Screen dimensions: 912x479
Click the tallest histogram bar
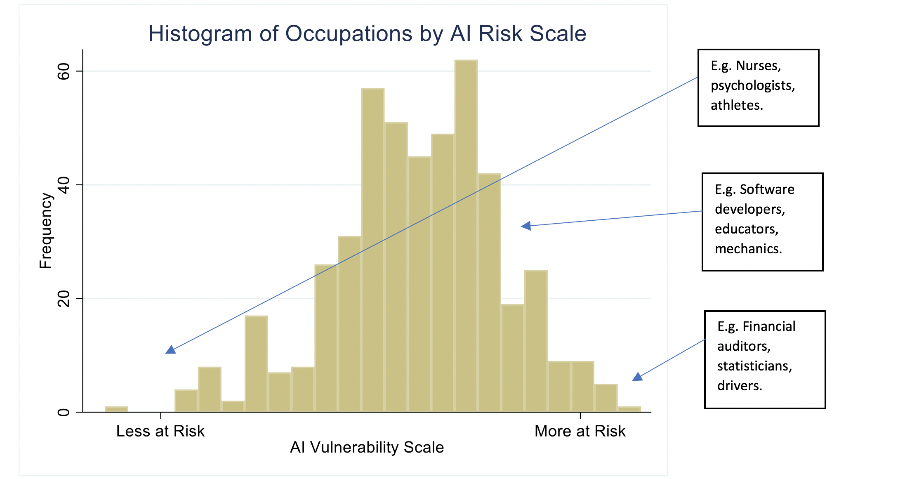[x=466, y=236]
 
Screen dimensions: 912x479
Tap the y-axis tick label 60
[x=64, y=71]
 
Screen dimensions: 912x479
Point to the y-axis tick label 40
[x=64, y=185]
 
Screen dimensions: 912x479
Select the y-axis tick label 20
[x=64, y=298]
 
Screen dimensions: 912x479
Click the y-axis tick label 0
[x=64, y=412]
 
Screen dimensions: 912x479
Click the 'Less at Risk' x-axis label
[x=160, y=431]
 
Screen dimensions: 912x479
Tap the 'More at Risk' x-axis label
[x=580, y=431]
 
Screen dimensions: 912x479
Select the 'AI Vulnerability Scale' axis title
[x=367, y=447]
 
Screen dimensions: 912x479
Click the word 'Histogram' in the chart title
[x=200, y=33]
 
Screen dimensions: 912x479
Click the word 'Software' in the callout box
[x=767, y=189]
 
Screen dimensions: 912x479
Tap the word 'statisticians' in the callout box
[x=754, y=366]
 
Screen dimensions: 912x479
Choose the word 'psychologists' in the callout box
[x=753, y=86]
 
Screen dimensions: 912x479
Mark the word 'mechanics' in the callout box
[x=748, y=249]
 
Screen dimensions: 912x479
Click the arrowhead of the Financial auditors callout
[x=638, y=377]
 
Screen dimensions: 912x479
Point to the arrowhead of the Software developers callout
[x=526, y=226]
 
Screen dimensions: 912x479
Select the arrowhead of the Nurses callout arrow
[x=170, y=350]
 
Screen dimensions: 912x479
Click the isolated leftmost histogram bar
[x=116, y=409]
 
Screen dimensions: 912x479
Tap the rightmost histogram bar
[x=629, y=409]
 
